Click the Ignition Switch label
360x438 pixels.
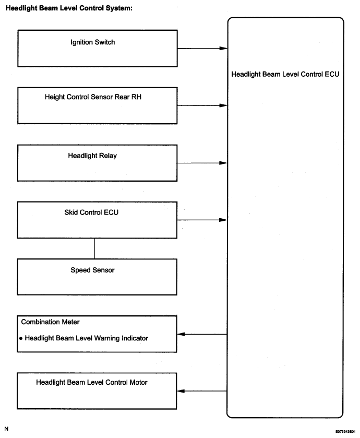tap(93, 42)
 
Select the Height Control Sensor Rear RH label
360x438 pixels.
tap(93, 97)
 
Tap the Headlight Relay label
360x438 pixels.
tap(92, 156)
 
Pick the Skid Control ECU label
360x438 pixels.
tap(91, 212)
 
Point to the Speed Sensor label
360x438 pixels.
tap(92, 270)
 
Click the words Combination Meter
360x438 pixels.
tap(50, 322)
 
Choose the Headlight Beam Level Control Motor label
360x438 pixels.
tap(91, 382)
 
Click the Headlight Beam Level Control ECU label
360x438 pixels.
tap(285, 74)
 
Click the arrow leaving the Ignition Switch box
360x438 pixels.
tap(202, 49)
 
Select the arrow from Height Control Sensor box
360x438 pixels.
tap(202, 105)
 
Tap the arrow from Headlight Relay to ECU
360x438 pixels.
tap(202, 163)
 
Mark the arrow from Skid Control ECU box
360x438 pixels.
tap(202, 220)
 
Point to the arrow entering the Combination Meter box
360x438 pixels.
tap(202, 334)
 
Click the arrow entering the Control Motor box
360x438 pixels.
tap(202, 391)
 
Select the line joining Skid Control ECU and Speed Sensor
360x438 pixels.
tap(94, 248)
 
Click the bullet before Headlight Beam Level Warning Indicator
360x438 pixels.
tap(21, 339)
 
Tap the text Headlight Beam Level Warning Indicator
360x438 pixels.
tap(87, 338)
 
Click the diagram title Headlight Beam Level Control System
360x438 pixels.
tap(69, 8)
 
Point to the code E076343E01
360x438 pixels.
tap(345, 432)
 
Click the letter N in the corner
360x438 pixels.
tap(6, 429)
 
